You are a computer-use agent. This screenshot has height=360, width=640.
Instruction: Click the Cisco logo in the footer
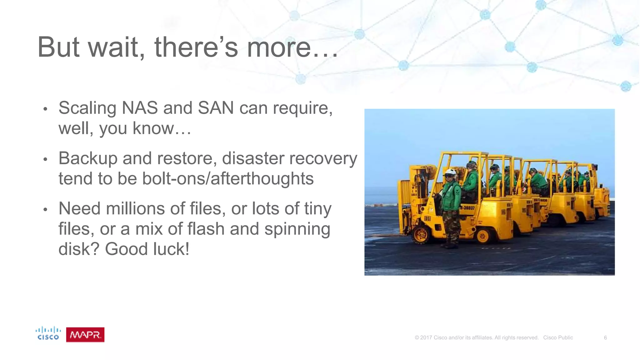coord(48,333)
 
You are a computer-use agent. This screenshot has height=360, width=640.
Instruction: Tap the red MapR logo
coord(85,335)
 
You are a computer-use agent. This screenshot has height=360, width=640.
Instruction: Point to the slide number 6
coord(605,337)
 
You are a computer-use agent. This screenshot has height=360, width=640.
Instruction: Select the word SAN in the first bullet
coord(216,108)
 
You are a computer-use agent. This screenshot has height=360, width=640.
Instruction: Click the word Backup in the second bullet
coord(88,158)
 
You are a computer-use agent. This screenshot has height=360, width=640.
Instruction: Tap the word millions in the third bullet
coord(135,208)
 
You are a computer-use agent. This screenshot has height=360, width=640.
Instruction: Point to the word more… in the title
coord(292,48)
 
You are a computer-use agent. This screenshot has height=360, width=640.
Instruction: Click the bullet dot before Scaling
coord(45,109)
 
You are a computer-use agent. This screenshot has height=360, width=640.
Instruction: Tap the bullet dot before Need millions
coord(45,209)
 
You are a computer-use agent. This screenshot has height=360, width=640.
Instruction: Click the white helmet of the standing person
coord(451,172)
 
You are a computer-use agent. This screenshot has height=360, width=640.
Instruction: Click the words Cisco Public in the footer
coord(558,337)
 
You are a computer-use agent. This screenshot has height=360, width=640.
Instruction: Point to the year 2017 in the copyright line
coord(426,337)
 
